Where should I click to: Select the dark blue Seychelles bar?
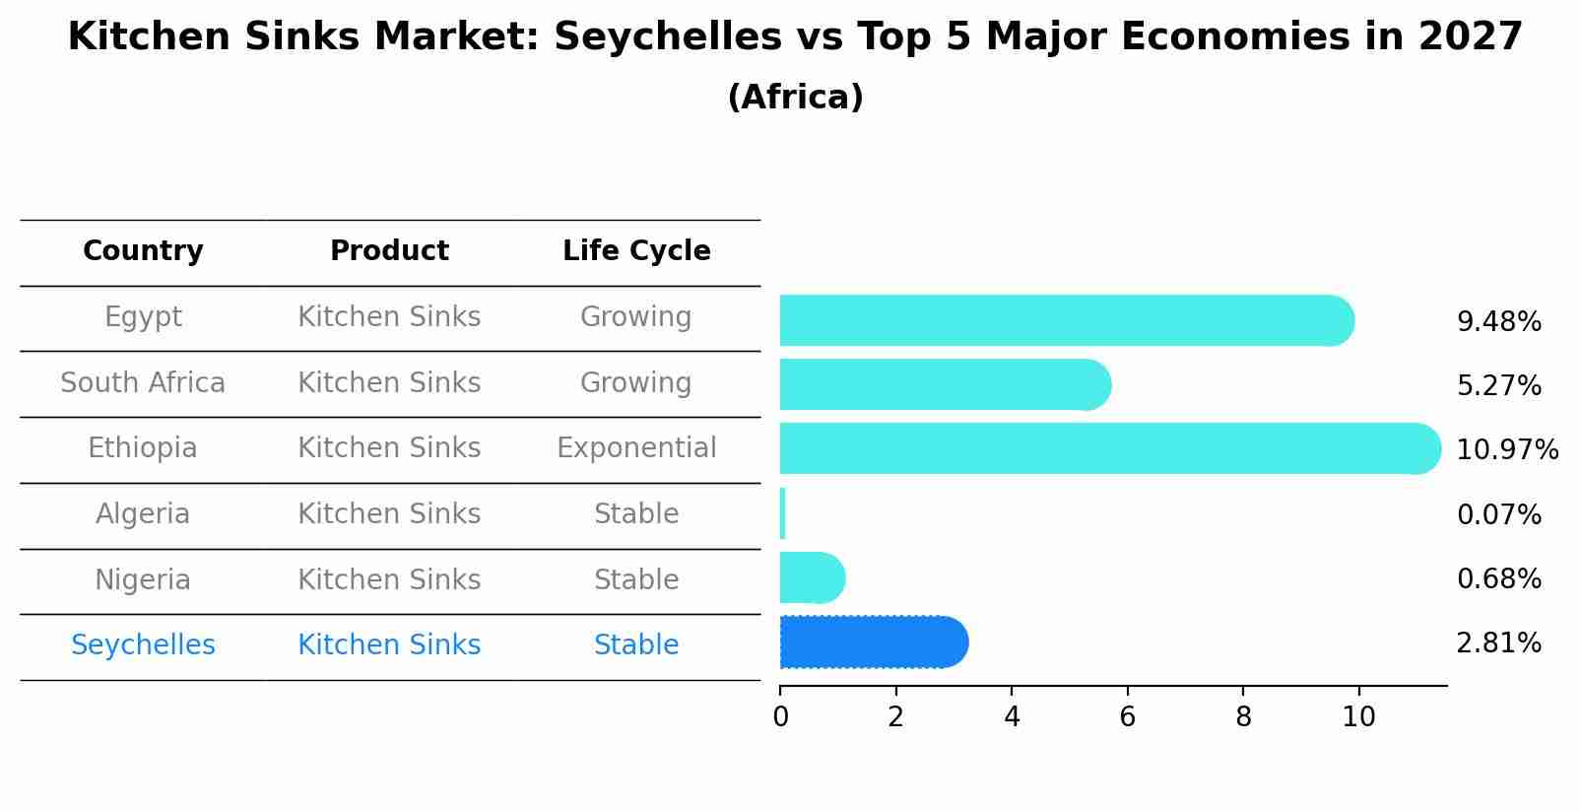[873, 642]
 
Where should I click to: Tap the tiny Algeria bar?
[782, 513]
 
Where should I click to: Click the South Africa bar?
[944, 384]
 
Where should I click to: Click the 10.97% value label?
[1506, 450]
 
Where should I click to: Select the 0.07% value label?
[1498, 514]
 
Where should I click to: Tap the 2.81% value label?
[1498, 643]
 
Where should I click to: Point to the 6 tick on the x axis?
[1127, 717]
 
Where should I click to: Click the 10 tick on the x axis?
[1358, 717]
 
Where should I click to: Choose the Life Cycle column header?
[636, 251]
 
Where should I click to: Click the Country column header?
[143, 251]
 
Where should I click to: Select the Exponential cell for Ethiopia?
[636, 448]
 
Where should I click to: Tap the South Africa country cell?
[143, 382]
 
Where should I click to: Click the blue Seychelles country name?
[143, 645]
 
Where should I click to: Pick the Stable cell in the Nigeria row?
[636, 579]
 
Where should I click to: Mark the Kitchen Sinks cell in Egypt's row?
[389, 317]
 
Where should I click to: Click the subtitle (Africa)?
[795, 98]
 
